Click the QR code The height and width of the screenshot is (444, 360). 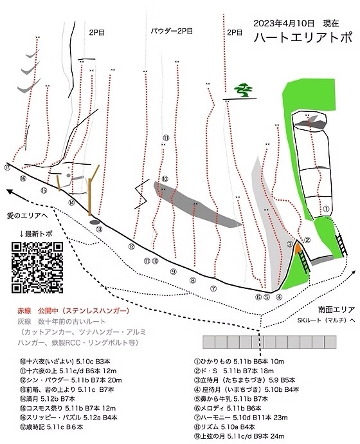pos(37,267)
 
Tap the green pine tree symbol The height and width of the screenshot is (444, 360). pos(243,89)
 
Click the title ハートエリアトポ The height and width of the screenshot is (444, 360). pos(303,38)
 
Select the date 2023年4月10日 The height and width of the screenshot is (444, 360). pos(283,23)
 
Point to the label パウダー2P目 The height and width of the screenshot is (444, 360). pos(172,31)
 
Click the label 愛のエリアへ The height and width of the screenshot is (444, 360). pos(27,216)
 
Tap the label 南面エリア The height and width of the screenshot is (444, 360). pos(336,310)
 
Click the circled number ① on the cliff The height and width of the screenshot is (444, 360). pos(326,209)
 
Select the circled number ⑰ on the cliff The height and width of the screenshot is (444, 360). pos(7,167)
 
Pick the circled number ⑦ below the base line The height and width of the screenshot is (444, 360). pos(213,289)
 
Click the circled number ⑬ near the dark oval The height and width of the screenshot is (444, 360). pos(99,229)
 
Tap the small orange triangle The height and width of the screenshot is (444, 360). pos(297,249)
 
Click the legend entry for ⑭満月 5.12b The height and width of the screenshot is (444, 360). pos(47,399)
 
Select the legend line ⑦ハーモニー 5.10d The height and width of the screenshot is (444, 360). pos(240,418)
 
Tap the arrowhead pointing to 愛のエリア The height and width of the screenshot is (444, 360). pos(10,192)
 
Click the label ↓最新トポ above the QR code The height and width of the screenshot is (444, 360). pos(35,234)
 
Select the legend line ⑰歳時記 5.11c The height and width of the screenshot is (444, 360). pos(51,427)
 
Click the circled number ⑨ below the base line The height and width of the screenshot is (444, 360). pos(174,272)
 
